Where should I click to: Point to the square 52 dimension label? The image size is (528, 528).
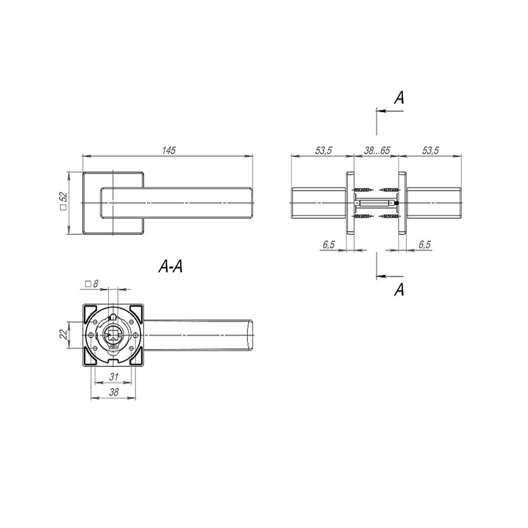pyautogui.click(x=64, y=201)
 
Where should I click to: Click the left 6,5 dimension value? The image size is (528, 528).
pyautogui.click(x=328, y=244)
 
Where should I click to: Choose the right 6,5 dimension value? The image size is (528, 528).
pyautogui.click(x=425, y=244)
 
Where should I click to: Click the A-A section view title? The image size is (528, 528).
pyautogui.click(x=171, y=267)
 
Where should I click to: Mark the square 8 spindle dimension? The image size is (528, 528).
pyautogui.click(x=91, y=284)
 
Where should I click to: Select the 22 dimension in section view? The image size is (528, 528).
pyautogui.click(x=63, y=335)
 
